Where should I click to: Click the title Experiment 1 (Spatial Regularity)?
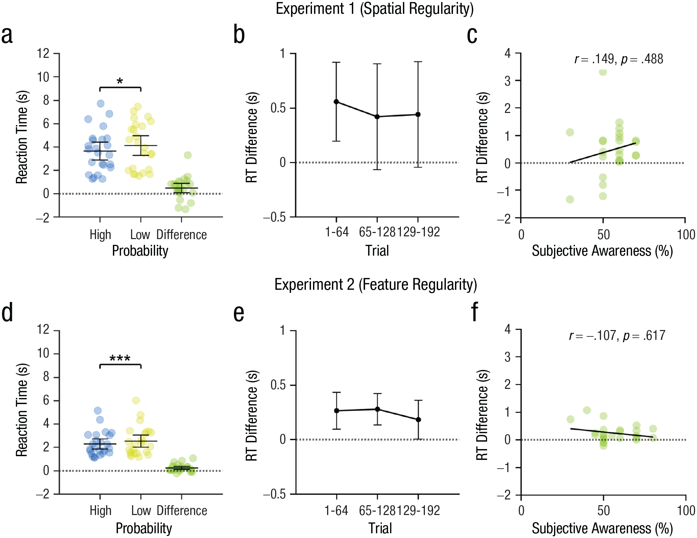point(375,8)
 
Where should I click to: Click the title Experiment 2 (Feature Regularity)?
point(376,285)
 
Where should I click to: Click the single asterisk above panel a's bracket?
point(120,81)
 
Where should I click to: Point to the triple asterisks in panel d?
point(120,358)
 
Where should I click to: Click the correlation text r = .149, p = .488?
point(619,60)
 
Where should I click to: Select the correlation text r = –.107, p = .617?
point(617,336)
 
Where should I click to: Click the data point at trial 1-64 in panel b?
point(336,102)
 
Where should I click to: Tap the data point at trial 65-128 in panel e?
point(378,409)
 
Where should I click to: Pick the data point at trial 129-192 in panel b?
point(418,114)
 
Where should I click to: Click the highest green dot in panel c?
point(603,72)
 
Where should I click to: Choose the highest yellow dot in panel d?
point(136,401)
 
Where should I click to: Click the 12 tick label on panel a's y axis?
point(43,53)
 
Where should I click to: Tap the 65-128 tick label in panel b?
point(377,232)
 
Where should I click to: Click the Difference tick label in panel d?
point(182,511)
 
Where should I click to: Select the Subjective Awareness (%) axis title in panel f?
point(602,529)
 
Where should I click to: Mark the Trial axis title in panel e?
point(380,528)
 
